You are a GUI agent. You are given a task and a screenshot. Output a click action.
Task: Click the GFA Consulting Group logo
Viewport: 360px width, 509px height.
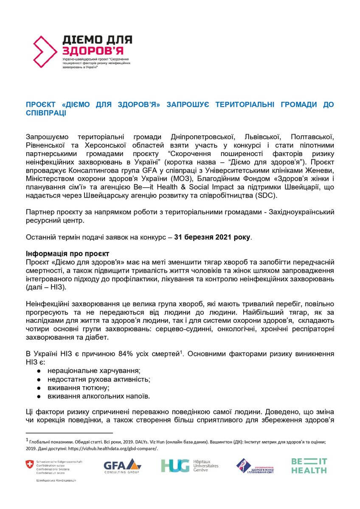(x=122, y=466)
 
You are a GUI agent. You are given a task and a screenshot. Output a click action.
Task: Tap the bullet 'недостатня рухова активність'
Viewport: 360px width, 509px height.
(x=98, y=379)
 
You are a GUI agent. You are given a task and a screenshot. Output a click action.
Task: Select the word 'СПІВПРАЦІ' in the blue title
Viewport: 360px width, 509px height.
(x=47, y=113)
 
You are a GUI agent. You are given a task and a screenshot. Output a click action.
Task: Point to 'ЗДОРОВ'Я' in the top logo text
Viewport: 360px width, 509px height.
(x=84, y=50)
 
